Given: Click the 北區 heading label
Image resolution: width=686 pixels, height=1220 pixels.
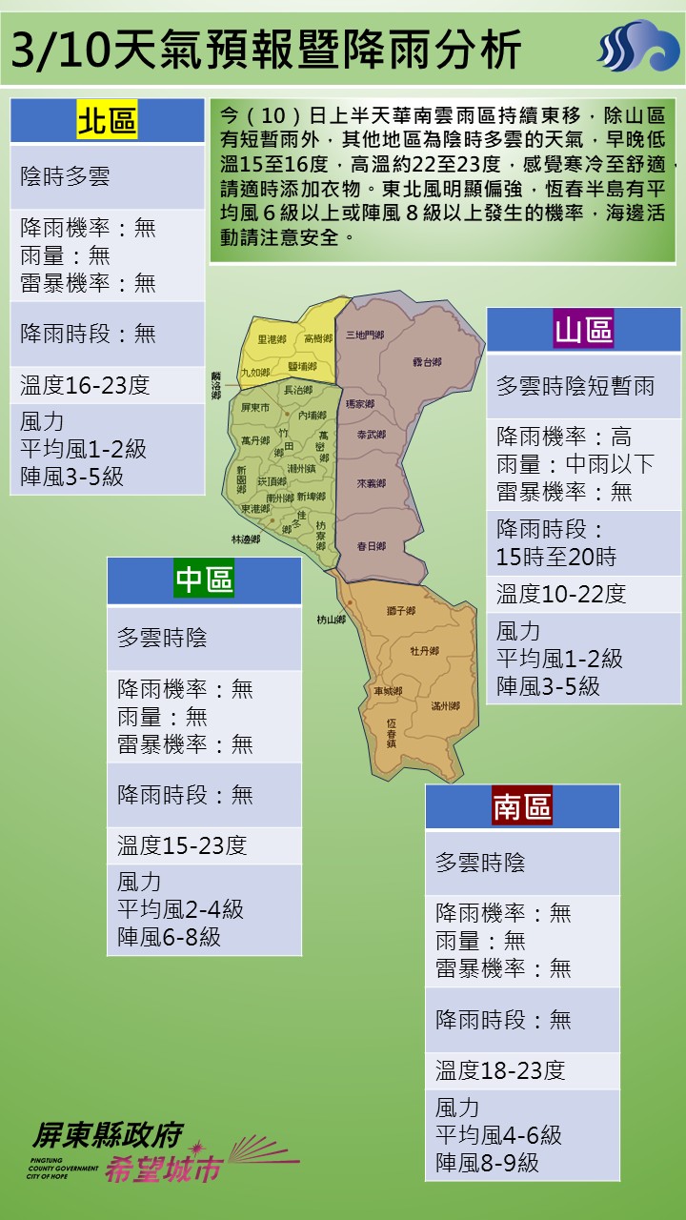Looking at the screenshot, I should pyautogui.click(x=107, y=121).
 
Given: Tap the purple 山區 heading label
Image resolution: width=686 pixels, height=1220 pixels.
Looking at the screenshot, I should pyautogui.click(x=584, y=330).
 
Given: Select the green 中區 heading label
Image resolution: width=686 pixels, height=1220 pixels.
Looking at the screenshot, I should pyautogui.click(x=204, y=579).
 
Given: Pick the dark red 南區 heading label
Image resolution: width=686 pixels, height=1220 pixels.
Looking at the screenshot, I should pyautogui.click(x=522, y=807).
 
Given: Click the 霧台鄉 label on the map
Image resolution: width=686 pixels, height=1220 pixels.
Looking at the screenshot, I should pyautogui.click(x=427, y=362).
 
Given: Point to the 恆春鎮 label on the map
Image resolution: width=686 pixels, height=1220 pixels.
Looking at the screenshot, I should pyautogui.click(x=392, y=731).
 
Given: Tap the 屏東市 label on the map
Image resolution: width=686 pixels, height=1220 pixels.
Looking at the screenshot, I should pyautogui.click(x=256, y=407).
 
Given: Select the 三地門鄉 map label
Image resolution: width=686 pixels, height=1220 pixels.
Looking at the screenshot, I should pyautogui.click(x=365, y=335).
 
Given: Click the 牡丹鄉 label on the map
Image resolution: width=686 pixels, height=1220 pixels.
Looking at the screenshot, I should pyautogui.click(x=424, y=650).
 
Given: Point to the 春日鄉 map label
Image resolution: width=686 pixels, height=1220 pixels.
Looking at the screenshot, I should pyautogui.click(x=371, y=546).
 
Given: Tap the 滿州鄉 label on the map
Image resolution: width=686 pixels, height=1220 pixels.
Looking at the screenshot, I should pyautogui.click(x=445, y=706).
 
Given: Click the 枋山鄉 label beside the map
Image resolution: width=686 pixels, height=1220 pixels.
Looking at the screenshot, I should pyautogui.click(x=332, y=620).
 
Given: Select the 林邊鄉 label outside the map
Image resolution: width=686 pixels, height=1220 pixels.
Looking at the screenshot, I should pyautogui.click(x=245, y=539).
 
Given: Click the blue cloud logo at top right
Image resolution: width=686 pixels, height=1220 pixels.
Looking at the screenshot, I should pyautogui.click(x=638, y=48).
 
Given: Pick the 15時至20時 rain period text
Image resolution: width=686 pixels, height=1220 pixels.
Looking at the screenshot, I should pyautogui.click(x=555, y=557).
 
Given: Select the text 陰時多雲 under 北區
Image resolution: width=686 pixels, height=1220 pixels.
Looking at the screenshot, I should pyautogui.click(x=65, y=176).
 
